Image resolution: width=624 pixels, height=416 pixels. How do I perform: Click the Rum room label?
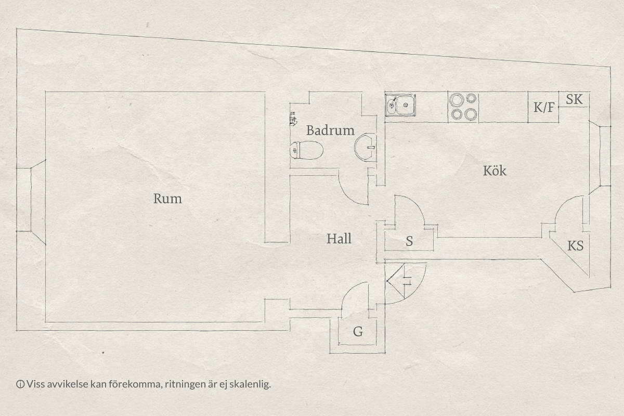[x=167, y=199]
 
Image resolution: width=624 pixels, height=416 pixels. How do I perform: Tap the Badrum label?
[x=330, y=131]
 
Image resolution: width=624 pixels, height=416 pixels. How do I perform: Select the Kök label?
[x=495, y=171]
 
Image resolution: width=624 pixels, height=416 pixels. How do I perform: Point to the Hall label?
[x=339, y=239]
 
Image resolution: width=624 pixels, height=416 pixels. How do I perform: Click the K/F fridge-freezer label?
[x=544, y=107]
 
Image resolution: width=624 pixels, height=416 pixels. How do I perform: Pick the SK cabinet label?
[x=574, y=99]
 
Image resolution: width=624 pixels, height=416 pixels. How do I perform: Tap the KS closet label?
[x=576, y=246]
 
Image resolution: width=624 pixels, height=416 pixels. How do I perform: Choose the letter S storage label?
[x=409, y=241]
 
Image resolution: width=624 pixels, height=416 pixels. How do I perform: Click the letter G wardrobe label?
[x=358, y=332]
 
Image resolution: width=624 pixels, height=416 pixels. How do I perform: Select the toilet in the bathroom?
[x=306, y=150]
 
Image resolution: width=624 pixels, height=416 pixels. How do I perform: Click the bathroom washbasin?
[x=365, y=147]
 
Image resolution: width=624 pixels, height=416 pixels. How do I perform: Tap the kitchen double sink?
[x=400, y=105]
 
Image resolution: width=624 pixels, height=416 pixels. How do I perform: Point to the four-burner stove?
[x=463, y=107]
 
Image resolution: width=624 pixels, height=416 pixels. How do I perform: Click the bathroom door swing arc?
[x=348, y=192]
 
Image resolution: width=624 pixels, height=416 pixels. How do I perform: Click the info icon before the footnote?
[x=20, y=384]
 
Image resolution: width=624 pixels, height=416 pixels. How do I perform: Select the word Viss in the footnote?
[x=34, y=384]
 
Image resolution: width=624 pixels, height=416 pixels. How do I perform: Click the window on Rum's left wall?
[x=31, y=200]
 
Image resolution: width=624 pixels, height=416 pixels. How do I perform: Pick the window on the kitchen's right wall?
[x=600, y=157]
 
